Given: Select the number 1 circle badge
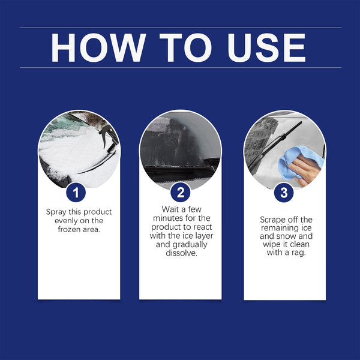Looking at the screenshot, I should tap(76, 193).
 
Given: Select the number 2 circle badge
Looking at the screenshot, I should tap(180, 193).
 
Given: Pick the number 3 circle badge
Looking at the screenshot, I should tap(284, 193).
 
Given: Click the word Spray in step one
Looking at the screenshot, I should tap(57, 212).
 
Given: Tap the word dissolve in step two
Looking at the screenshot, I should tap(180, 253).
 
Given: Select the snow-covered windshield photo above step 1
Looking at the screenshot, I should tap(78, 150).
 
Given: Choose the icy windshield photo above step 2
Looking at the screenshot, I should tap(180, 150).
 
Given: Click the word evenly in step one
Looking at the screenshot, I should tap(59, 221).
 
